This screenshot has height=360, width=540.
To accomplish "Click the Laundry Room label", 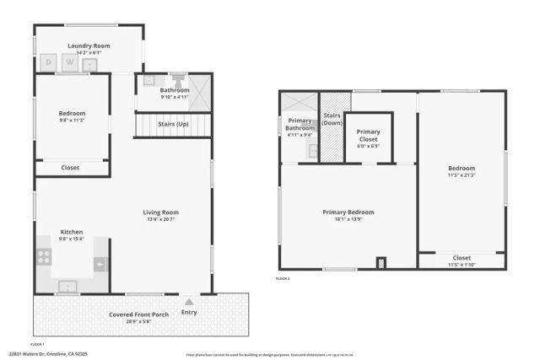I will (89, 46).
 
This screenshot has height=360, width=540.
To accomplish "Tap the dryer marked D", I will (48, 63).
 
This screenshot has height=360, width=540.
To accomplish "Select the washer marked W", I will (71, 63).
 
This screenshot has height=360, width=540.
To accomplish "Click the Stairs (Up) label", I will (174, 125).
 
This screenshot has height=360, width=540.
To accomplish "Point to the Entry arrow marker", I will (189, 301).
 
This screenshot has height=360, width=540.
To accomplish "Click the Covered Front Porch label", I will (138, 314).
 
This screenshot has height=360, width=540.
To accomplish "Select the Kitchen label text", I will (71, 231).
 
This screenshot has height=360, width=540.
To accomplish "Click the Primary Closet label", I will (368, 132).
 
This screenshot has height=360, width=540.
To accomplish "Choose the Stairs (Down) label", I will (332, 119).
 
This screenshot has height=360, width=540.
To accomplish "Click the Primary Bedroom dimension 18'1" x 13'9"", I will (348, 219).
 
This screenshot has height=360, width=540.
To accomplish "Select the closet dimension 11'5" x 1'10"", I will (462, 265).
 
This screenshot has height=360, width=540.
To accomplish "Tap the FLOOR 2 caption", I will (283, 277).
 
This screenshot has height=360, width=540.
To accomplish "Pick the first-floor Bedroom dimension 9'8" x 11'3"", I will (72, 120).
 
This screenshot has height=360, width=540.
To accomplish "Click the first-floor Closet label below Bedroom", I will (71, 168).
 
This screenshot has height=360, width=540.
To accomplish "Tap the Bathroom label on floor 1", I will (175, 90).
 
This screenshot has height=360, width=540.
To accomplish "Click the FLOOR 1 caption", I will (37, 344).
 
